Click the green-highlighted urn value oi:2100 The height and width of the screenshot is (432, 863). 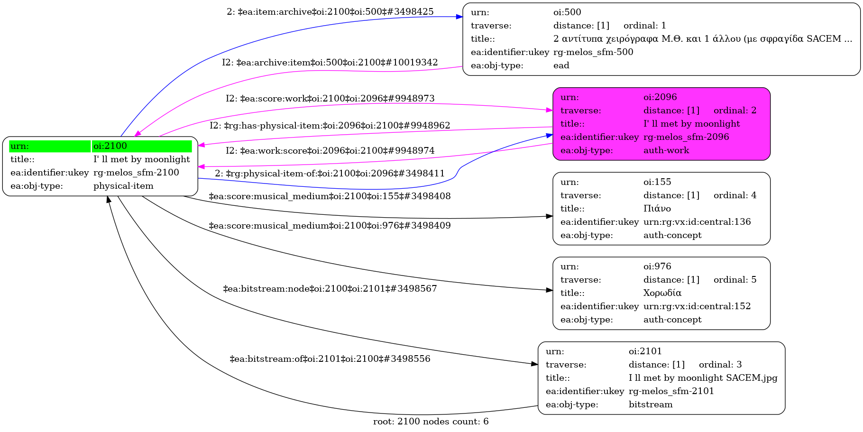click(110, 146)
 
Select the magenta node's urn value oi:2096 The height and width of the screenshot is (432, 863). click(660, 97)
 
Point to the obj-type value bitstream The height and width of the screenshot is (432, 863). click(650, 404)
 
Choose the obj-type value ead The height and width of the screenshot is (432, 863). click(561, 65)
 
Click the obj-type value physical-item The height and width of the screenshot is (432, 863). click(123, 186)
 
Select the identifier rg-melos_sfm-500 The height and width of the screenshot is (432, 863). click(593, 52)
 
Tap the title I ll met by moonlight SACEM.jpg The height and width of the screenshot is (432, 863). click(703, 378)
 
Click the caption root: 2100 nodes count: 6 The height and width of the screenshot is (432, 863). click(431, 422)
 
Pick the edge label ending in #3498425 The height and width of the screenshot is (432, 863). click(330, 12)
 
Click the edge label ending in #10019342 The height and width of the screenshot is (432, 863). click(330, 63)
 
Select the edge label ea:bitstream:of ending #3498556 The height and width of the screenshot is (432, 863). click(330, 359)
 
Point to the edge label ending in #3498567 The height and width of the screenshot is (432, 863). click(330, 289)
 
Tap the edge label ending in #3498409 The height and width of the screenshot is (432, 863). click(330, 226)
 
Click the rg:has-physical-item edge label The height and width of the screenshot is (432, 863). click(330, 126)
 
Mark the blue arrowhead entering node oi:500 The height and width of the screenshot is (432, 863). click(459, 17)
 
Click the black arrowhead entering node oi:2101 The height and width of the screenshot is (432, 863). click(534, 364)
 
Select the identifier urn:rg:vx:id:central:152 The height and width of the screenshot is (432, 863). click(697, 306)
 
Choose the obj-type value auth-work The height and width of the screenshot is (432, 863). click(666, 150)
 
